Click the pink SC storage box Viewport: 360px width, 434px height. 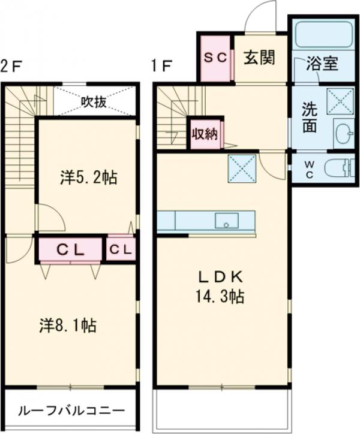pyautogui.click(x=215, y=58)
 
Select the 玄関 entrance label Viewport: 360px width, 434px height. pyautogui.click(x=259, y=58)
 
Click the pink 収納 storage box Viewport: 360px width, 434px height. pyautogui.click(x=205, y=134)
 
